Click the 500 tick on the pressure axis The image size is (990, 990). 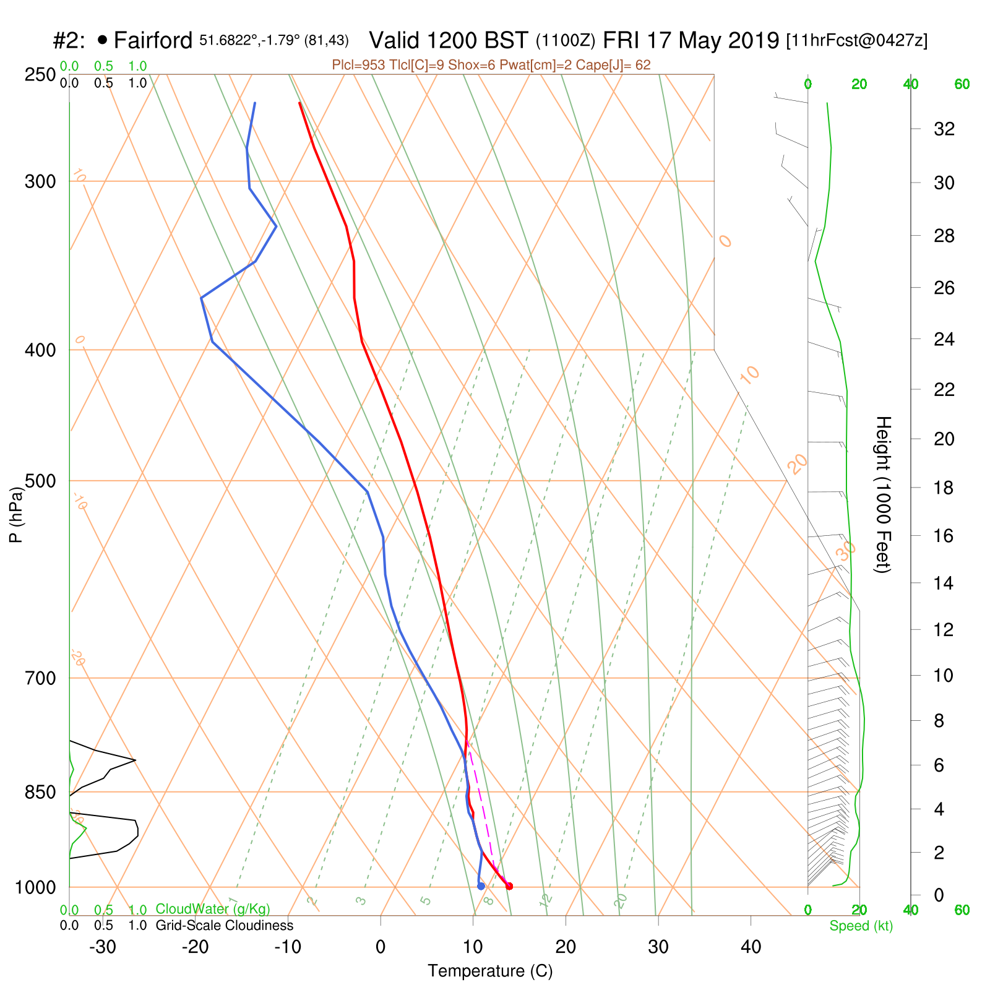tap(40, 481)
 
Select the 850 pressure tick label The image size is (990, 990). tap(40, 792)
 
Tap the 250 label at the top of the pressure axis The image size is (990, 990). tap(40, 75)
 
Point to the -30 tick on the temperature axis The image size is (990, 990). tap(103, 947)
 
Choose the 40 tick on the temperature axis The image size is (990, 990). tap(751, 947)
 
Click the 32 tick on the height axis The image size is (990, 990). tap(944, 129)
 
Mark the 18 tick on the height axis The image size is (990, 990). tap(944, 488)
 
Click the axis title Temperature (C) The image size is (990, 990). tap(490, 971)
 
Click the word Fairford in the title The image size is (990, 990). tap(153, 41)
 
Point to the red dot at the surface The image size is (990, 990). tap(509, 886)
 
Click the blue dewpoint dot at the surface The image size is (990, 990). tap(481, 886)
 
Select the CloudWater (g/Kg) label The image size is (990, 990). tap(213, 909)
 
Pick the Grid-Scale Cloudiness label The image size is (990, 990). tap(224, 926)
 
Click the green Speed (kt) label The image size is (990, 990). tap(861, 926)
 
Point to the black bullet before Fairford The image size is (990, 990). tap(102, 40)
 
